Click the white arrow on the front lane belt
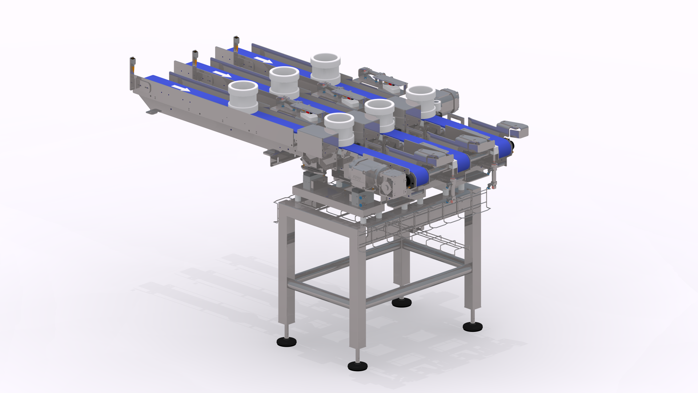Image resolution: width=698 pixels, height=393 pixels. click(180, 88)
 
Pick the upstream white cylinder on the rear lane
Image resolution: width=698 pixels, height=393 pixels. click(325, 68)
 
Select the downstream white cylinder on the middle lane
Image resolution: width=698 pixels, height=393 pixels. click(379, 115)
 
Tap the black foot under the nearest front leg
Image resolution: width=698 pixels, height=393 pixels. click(357, 366)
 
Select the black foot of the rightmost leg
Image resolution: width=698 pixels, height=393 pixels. click(473, 326)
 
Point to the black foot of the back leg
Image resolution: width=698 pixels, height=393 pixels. click(401, 302)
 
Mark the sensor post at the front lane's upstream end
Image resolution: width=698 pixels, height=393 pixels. click(133, 73)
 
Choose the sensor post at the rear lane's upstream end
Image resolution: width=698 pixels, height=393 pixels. click(236, 44)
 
